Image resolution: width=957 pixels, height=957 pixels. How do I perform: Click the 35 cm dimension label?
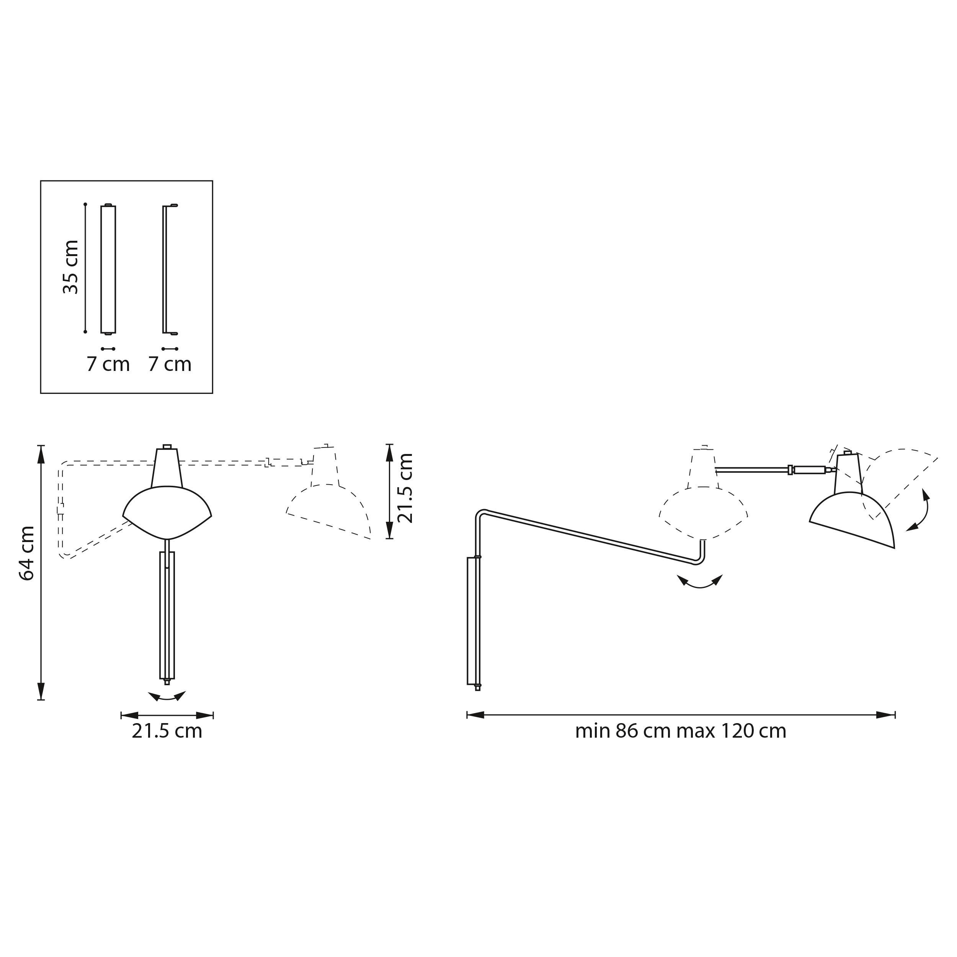pos(71,267)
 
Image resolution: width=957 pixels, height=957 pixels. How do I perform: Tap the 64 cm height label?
pos(26,553)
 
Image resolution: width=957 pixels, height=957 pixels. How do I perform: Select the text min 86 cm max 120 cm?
pos(681,731)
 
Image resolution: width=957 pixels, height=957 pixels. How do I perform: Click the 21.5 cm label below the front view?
pos(167,731)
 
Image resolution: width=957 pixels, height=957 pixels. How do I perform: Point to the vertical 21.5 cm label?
pos(405,488)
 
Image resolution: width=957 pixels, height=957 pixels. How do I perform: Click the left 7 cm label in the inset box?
pos(108,364)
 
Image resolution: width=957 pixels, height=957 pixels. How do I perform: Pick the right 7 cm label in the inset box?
pos(170,364)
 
